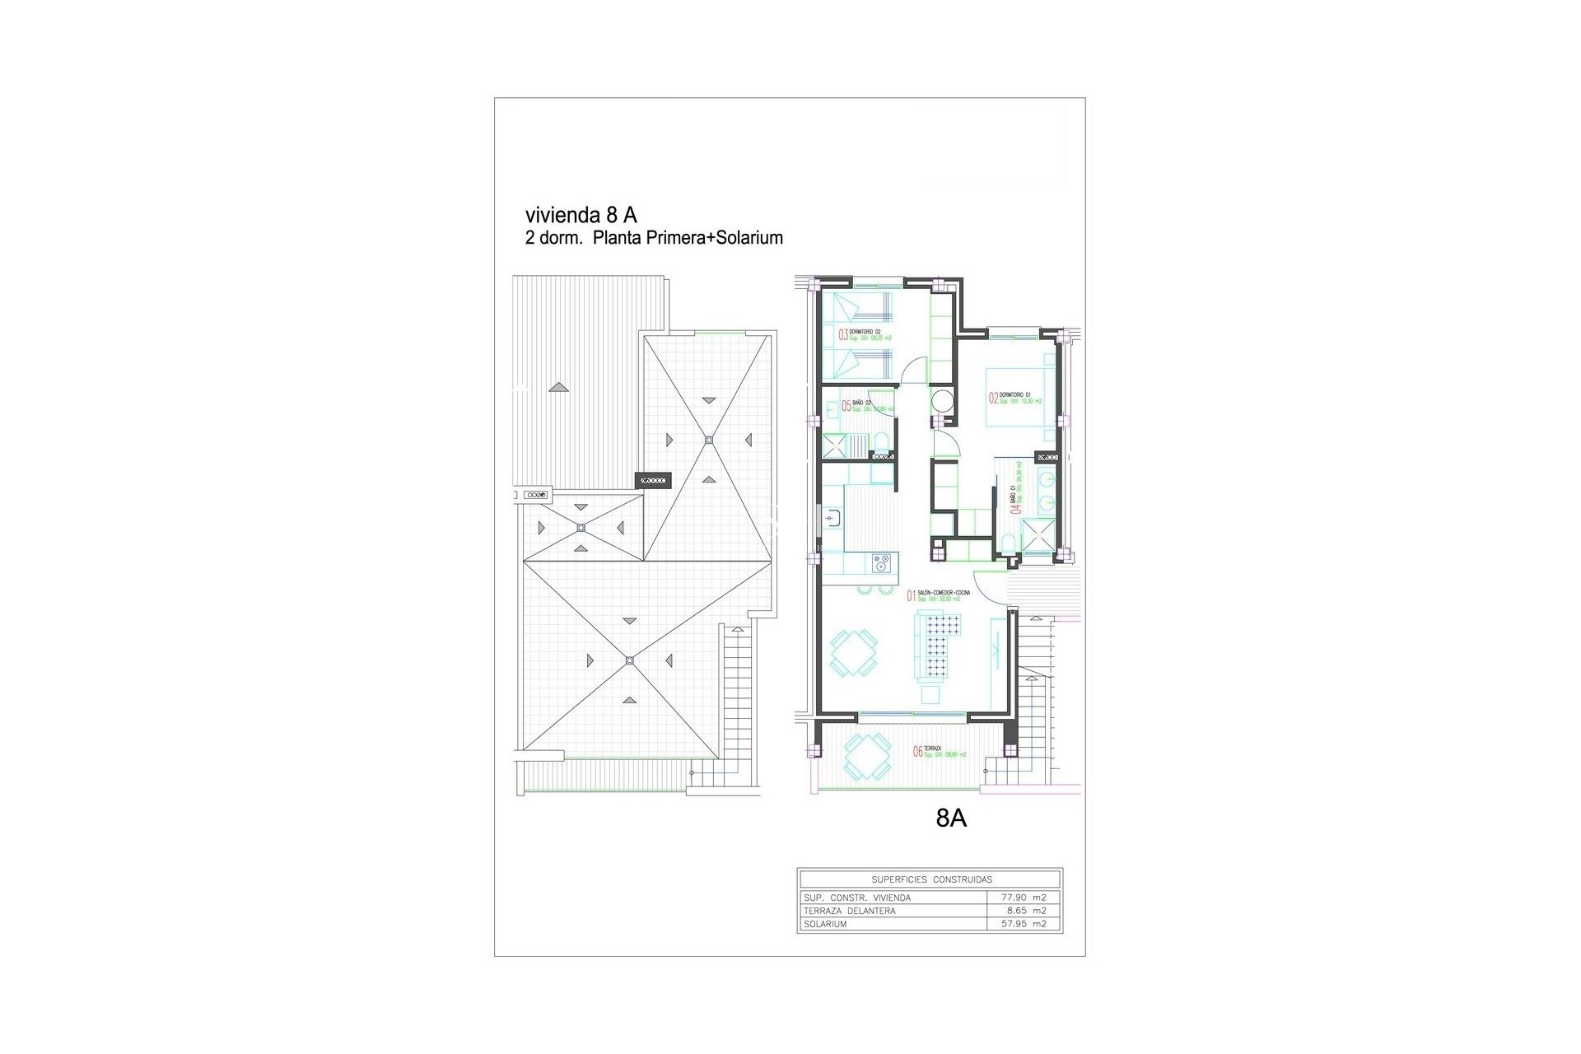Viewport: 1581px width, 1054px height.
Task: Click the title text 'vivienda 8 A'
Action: click(x=581, y=215)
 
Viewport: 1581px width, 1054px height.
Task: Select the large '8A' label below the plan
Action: click(x=951, y=818)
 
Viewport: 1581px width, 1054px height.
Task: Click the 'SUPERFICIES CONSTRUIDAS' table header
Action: click(x=931, y=879)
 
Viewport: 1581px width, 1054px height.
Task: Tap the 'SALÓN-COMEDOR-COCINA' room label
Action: click(x=944, y=593)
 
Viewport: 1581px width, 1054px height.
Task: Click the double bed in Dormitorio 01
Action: click(x=1018, y=395)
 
